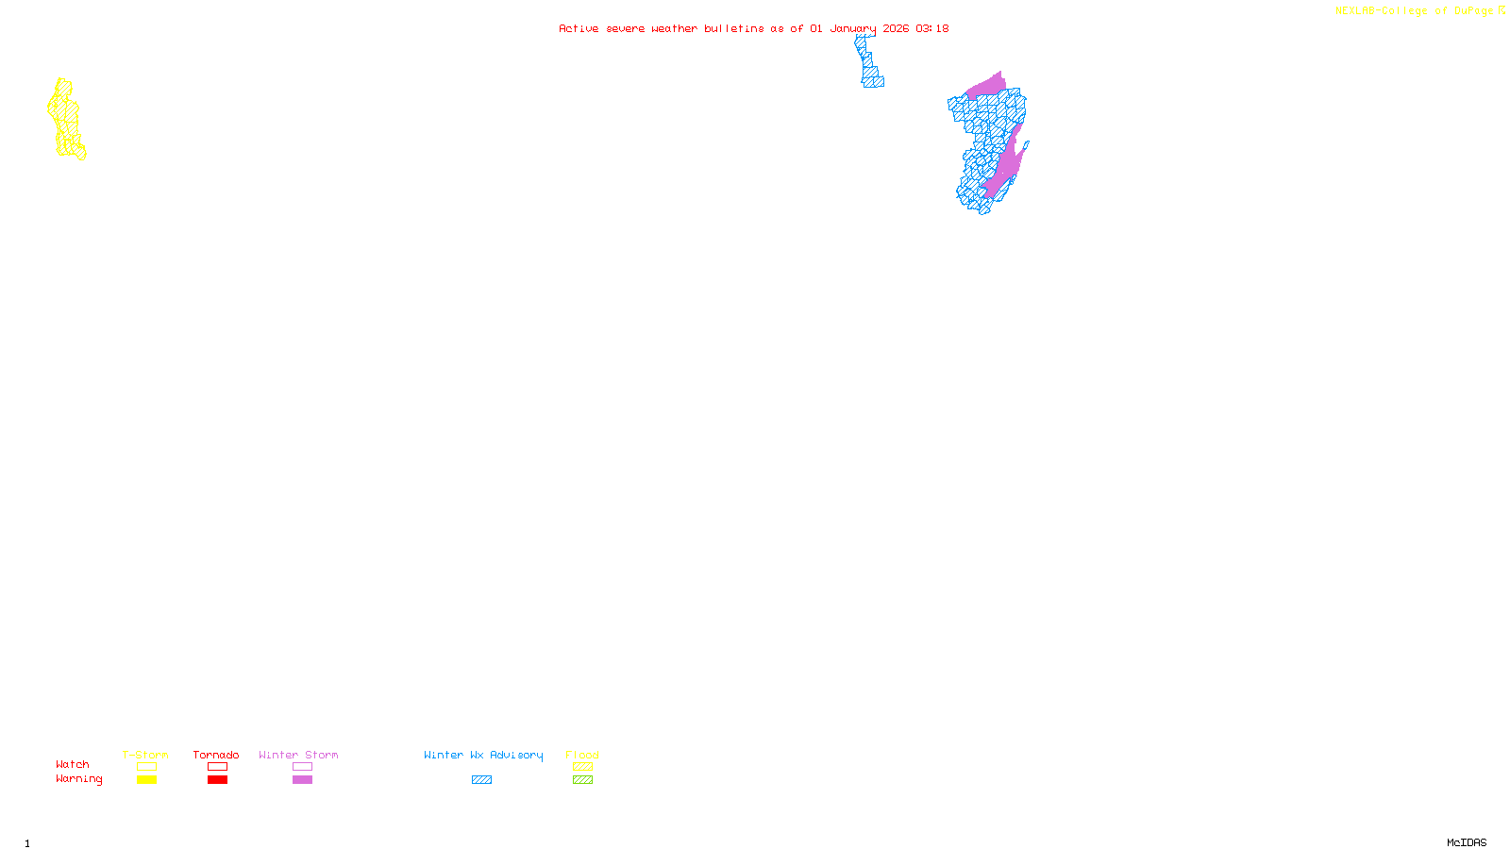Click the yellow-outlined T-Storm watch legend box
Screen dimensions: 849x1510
pyautogui.click(x=146, y=767)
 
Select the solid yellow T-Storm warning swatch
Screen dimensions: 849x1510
pyautogui.click(x=146, y=780)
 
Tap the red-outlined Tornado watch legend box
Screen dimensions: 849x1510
pyautogui.click(x=217, y=767)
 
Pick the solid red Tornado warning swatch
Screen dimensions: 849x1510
pyautogui.click(x=217, y=780)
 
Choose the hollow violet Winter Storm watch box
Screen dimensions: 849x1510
pyautogui.click(x=302, y=767)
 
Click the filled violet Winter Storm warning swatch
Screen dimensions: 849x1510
pyautogui.click(x=302, y=780)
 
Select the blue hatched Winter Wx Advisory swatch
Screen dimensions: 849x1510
pyautogui.click(x=481, y=780)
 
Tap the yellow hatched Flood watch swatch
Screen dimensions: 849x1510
pyautogui.click(x=582, y=767)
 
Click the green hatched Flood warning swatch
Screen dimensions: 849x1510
pyautogui.click(x=582, y=780)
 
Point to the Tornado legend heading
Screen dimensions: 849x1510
pyautogui.click(x=216, y=755)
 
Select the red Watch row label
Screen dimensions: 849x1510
pyautogui.click(x=73, y=765)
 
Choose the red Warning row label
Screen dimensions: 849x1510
pyautogui.click(x=79, y=779)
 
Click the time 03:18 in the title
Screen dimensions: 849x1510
pyautogui.click(x=931, y=28)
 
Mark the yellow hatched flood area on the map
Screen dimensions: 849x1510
pyautogui.click(x=65, y=120)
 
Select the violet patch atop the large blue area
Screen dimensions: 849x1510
pyautogui.click(x=987, y=86)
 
